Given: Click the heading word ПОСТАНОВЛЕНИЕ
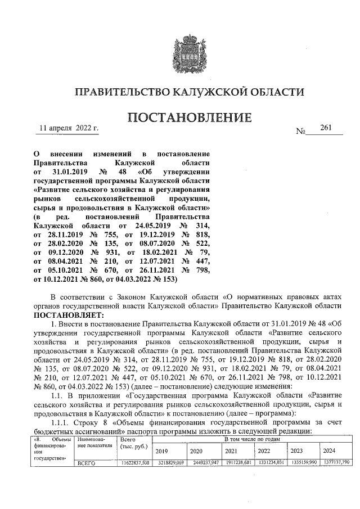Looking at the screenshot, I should (190, 118).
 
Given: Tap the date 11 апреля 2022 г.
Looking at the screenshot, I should (69, 129).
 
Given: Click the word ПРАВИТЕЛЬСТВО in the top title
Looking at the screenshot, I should (130, 92).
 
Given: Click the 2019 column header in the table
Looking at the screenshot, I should (161, 451).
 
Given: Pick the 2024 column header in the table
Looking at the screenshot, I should (329, 451).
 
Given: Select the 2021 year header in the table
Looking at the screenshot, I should (231, 451).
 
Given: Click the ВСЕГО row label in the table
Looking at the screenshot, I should (87, 463).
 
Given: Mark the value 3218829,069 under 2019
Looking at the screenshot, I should (169, 463).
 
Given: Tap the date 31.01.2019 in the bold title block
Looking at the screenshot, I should (67, 170).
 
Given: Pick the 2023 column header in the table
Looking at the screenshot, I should (296, 451).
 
